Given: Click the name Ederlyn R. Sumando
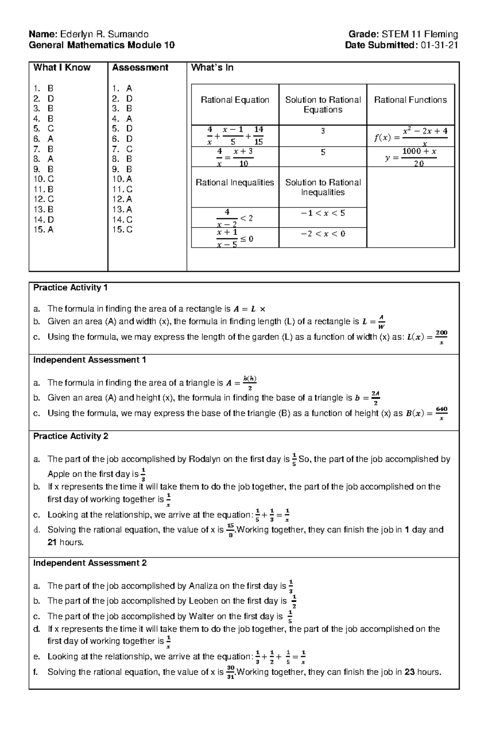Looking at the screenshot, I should (104, 34).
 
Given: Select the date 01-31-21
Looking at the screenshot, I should (439, 45).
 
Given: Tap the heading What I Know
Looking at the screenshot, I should (62, 67).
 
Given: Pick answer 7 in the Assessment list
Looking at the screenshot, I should (122, 149).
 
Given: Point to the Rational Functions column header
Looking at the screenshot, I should (410, 100).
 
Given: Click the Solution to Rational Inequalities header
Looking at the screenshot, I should (323, 187).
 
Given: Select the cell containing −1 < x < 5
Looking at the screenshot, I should (323, 213).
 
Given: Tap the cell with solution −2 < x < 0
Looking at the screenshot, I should (323, 234).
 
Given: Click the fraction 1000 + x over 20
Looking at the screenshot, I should (419, 157).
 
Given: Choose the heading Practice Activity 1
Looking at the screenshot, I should (70, 288).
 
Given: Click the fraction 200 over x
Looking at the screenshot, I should (441, 337).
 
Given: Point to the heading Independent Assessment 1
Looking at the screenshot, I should (89, 360).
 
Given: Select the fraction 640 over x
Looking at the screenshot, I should (441, 413).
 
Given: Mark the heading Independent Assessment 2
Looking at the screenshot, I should (90, 563).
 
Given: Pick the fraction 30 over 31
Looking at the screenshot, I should (231, 672).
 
